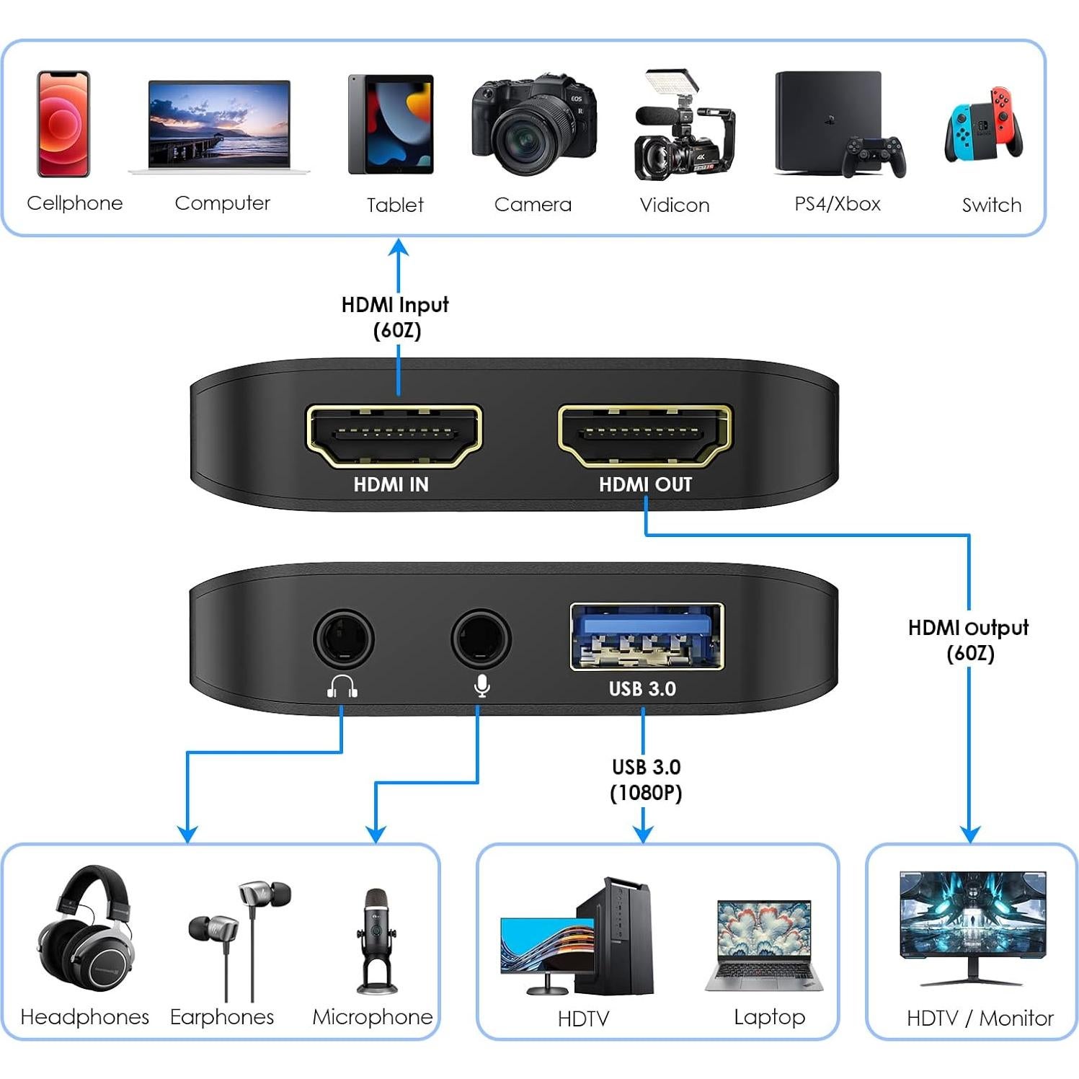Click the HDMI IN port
coord(394,435)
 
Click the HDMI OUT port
coord(644,435)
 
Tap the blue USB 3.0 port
coord(647,636)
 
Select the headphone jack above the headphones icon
coord(343,639)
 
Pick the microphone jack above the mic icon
coord(481,639)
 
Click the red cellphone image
coord(63,124)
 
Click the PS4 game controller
coord(874,156)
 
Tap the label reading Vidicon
coord(674,205)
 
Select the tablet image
coord(391,125)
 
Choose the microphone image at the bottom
coord(376,941)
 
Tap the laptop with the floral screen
coord(765,945)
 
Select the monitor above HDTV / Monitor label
coord(972,919)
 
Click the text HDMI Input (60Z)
coord(395,317)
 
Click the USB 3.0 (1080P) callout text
coord(646,780)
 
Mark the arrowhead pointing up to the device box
coord(399,248)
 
